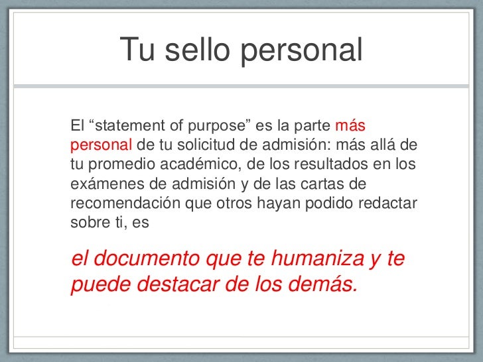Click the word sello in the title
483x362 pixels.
(x=195, y=50)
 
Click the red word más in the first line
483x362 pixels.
(x=352, y=125)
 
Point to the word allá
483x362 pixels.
(x=384, y=145)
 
